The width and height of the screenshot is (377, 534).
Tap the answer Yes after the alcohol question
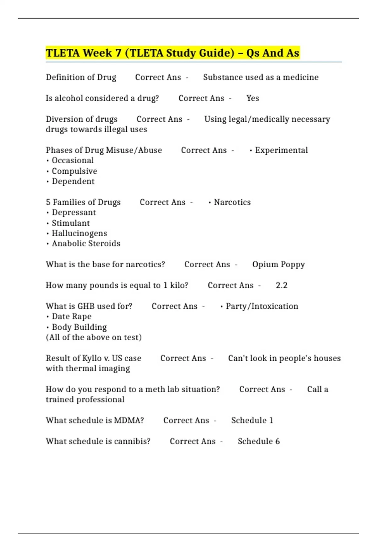click(253, 98)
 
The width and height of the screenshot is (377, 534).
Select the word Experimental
click(281, 150)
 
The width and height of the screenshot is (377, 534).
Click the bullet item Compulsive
click(74, 171)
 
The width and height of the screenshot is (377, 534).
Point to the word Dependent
click(73, 182)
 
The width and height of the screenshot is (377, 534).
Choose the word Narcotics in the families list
click(232, 202)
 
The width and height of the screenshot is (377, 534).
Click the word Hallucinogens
click(79, 233)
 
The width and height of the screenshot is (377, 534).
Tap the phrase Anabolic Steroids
click(86, 244)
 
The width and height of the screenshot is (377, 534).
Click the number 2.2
click(281, 286)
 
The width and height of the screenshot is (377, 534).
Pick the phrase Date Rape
click(72, 317)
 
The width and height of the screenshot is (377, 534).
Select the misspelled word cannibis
click(132, 441)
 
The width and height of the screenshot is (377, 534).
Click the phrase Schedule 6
click(259, 441)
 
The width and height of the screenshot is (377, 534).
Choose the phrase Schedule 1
click(252, 421)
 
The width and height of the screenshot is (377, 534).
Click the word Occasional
click(73, 161)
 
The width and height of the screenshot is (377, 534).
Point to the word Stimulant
click(71, 223)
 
